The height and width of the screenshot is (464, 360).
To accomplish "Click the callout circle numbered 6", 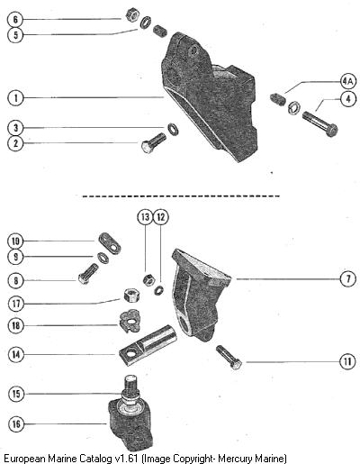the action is coord(15,20).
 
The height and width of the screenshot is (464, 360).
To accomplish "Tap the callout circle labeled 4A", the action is coord(347,81).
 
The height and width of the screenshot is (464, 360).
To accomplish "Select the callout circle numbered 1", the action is coord(15,98).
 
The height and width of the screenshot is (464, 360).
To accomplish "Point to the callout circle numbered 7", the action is coord(347,279).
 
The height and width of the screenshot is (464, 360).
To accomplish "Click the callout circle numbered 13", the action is coord(145,217).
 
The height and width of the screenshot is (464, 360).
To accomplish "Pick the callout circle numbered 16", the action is coord(16,423).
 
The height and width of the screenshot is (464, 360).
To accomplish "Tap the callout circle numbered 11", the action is coord(347,361).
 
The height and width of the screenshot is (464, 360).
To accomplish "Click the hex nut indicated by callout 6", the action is coord(131,14).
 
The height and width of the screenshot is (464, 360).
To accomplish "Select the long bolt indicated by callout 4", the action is coord(320,123).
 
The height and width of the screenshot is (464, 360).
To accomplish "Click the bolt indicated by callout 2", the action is coord(154,143).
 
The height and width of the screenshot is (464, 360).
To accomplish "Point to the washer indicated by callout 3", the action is coord(173,129).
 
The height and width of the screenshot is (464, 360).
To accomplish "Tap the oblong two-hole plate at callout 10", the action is coord(110,243).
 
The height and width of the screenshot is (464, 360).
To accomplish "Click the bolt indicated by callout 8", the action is coord(88,274).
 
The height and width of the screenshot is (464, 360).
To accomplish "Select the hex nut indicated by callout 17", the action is coord(131,296).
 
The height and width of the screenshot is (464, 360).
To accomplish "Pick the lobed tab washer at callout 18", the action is coord(130,321).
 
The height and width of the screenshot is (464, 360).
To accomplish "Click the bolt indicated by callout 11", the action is coord(229,358).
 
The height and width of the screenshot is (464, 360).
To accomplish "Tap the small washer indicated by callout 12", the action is coord(159,290).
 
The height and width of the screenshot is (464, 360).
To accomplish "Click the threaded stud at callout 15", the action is coord(130,388).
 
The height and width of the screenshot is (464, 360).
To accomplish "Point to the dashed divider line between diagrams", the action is coord(181,196).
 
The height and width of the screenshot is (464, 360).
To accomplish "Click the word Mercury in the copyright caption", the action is coord(235,459).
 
